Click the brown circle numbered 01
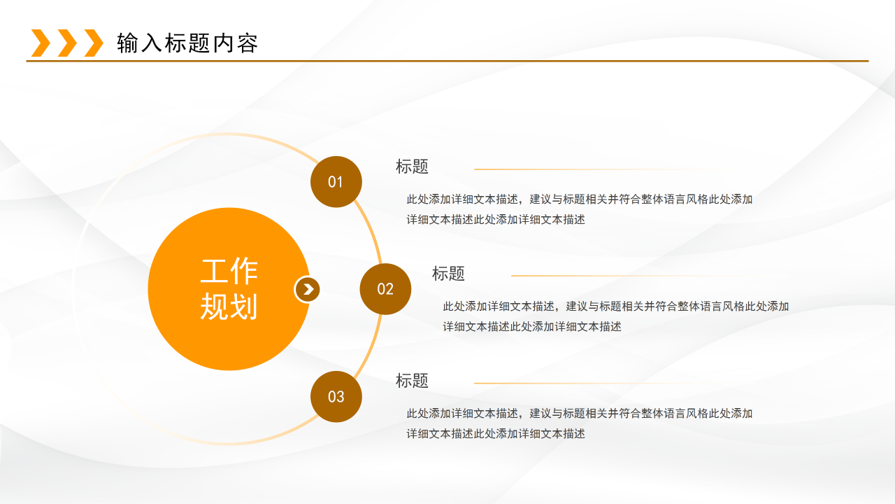(x=336, y=182)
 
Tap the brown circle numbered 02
(x=385, y=289)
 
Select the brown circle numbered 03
(x=336, y=397)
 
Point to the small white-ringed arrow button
(x=307, y=289)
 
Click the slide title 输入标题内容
(x=187, y=43)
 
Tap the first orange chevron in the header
(x=41, y=43)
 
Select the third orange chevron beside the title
(x=93, y=43)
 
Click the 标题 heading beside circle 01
(x=412, y=167)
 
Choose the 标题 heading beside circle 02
(x=448, y=274)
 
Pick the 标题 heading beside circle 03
(x=412, y=381)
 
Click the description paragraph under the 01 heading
(x=579, y=209)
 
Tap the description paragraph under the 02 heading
(x=615, y=316)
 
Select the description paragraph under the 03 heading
(x=579, y=423)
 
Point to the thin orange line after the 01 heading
(x=587, y=169)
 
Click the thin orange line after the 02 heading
(x=622, y=276)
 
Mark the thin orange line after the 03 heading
(x=587, y=384)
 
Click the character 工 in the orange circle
(x=215, y=272)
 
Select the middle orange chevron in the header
(x=67, y=43)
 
